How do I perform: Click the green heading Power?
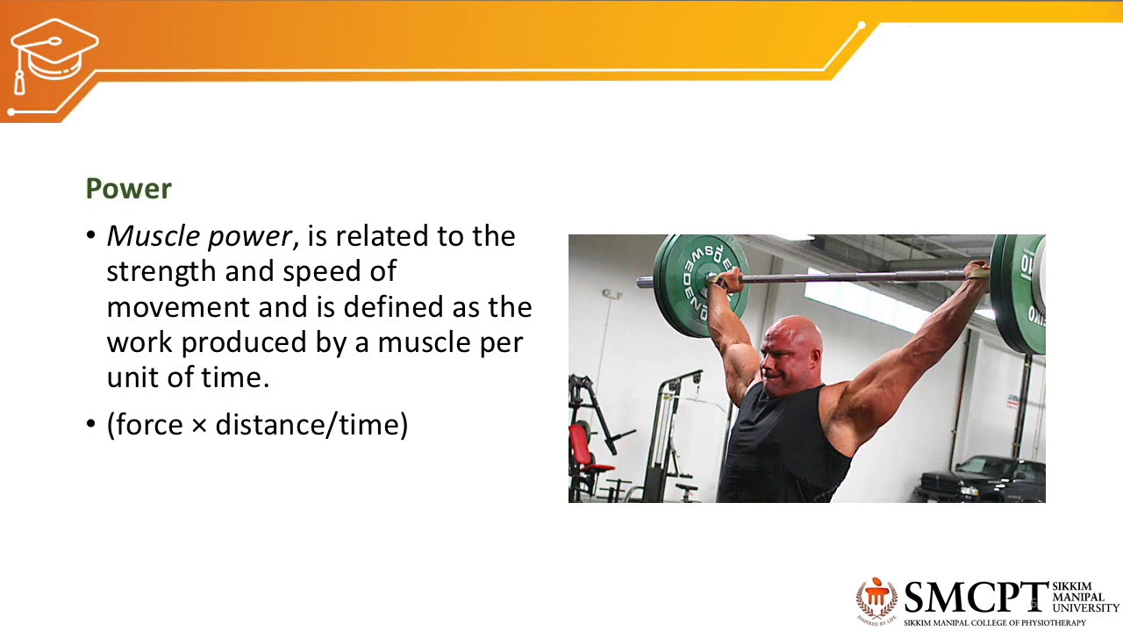(128, 189)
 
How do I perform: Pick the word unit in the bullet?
(132, 378)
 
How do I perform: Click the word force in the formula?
(147, 426)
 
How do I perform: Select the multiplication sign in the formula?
(200, 427)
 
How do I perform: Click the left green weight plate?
(699, 272)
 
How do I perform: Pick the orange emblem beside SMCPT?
(876, 599)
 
